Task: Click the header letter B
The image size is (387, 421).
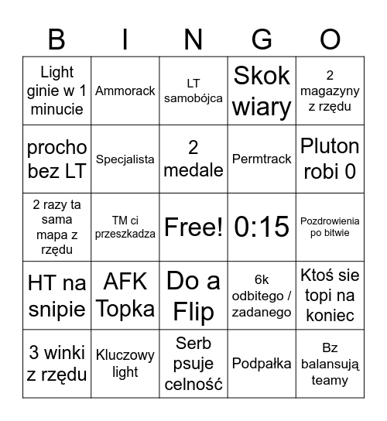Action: [57, 39]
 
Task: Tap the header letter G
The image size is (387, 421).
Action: [262, 39]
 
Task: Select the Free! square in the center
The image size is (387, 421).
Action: [193, 227]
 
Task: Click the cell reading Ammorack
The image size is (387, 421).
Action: [125, 91]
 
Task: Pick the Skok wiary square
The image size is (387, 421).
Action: [262, 91]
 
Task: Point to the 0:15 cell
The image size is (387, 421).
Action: [262, 227]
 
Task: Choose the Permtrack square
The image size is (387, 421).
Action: [262, 159]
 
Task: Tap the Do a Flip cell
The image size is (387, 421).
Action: [193, 295]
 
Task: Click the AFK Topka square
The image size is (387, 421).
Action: [125, 295]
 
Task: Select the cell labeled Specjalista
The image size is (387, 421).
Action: [125, 159]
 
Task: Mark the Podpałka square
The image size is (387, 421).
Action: [262, 363]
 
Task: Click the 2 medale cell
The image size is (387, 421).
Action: [193, 159]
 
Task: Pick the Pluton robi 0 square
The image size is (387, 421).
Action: [330, 159]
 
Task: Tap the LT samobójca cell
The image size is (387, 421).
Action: [193, 91]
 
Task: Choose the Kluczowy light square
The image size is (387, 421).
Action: [125, 363]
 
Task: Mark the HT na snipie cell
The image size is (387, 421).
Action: [57, 295]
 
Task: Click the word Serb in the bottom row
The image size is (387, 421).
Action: [193, 343]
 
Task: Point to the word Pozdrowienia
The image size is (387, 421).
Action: [330, 221]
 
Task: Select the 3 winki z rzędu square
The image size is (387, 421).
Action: [57, 363]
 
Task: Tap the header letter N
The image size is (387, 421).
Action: [193, 39]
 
